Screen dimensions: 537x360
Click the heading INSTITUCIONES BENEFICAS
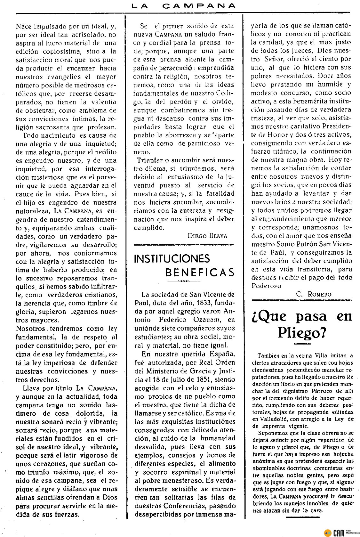(184, 265)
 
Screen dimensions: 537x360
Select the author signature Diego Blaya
(207, 236)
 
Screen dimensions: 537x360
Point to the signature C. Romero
(314, 294)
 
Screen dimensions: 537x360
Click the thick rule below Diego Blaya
(184, 245)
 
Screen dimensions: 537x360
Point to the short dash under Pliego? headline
(302, 344)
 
